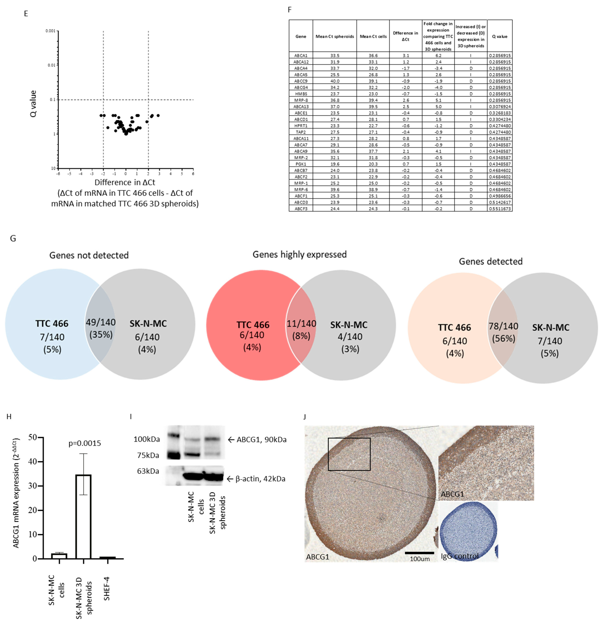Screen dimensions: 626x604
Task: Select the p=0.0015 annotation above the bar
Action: [85, 443]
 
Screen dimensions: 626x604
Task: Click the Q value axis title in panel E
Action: [33, 104]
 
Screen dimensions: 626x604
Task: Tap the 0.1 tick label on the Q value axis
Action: [52, 100]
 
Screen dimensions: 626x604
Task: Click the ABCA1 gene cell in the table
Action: [301, 55]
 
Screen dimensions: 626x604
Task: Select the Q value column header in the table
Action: [500, 36]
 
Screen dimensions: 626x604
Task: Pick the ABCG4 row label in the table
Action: [301, 87]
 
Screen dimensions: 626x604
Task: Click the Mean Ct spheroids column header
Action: [335, 36]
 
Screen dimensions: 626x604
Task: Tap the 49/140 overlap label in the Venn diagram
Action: [101, 322]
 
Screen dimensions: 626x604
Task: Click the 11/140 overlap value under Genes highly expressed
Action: [301, 323]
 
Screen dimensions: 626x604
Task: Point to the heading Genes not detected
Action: [89, 255]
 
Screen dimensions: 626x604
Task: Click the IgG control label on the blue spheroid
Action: [460, 556]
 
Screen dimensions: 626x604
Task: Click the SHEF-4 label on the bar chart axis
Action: [107, 588]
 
